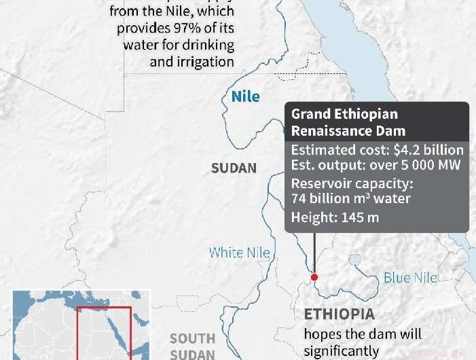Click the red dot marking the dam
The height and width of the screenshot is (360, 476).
[314, 277]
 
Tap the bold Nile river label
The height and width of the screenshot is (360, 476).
[245, 96]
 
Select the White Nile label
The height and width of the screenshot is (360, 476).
[239, 253]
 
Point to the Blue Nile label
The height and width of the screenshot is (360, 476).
[410, 277]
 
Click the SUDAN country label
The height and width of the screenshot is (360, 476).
[234, 168]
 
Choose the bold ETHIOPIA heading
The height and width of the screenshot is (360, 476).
[339, 314]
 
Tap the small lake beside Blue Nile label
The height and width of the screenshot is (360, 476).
[354, 260]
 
